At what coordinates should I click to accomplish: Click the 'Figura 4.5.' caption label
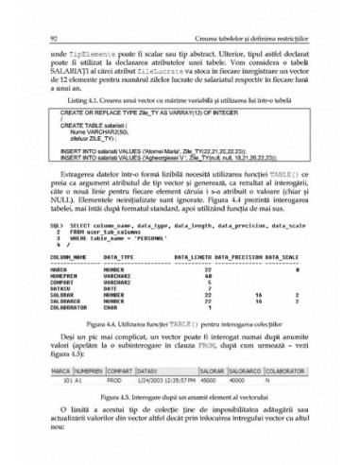point(108,398)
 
